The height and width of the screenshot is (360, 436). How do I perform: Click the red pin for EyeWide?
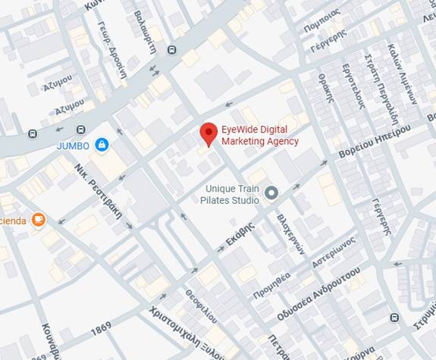[x=209, y=133]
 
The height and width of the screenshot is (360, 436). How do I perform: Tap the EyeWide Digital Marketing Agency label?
[x=259, y=135]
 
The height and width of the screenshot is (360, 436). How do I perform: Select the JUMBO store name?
[x=73, y=145]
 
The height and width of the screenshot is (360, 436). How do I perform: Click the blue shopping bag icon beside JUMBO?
[x=102, y=144]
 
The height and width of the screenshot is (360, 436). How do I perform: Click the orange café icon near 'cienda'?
[x=38, y=220]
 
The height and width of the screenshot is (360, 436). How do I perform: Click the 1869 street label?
[x=101, y=331]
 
